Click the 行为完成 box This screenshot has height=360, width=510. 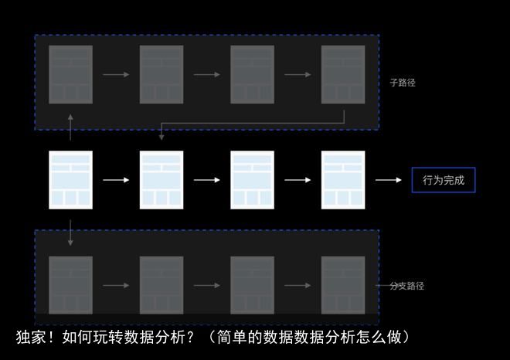[444, 180]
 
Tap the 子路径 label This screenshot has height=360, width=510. [403, 83]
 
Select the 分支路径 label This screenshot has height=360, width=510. [407, 286]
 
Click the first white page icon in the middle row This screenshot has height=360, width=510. [70, 180]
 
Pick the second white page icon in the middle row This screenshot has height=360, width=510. [161, 180]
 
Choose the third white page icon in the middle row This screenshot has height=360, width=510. [252, 180]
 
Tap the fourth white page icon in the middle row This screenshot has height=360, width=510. [343, 180]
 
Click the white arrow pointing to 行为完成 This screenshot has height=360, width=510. [389, 180]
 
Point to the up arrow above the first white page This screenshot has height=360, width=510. [70, 127]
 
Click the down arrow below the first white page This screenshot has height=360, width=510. [70, 233]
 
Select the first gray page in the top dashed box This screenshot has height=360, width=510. [70, 74]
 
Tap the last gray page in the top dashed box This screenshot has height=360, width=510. [343, 74]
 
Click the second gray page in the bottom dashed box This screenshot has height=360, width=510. [161, 285]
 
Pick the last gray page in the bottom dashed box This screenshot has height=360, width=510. [343, 285]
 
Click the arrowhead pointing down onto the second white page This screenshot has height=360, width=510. [161, 138]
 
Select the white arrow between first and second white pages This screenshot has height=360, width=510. [116, 180]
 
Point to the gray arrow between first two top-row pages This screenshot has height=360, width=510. [116, 74]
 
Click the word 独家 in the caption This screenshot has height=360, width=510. [31, 337]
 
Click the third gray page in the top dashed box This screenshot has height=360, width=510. [252, 74]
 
